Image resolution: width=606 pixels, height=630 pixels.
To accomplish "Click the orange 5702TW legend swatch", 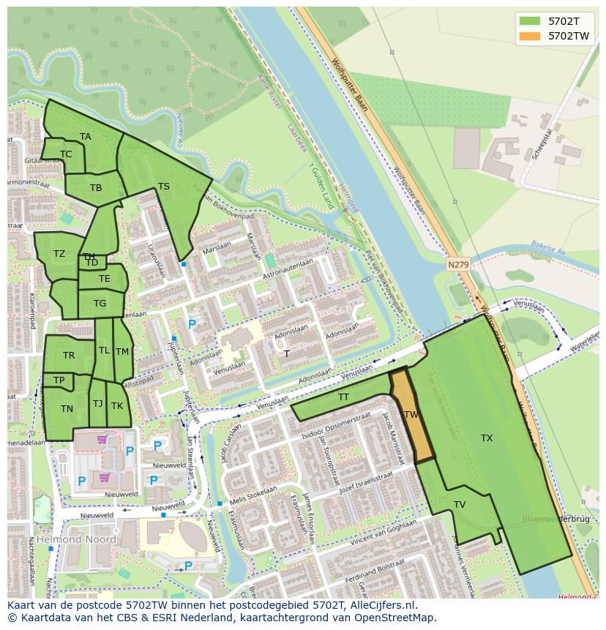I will click(530, 35).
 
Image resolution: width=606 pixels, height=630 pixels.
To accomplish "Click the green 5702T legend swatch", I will click(530, 20).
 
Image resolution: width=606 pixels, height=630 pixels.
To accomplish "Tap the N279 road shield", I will click(458, 264).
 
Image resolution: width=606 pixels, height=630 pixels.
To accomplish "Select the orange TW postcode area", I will click(411, 415).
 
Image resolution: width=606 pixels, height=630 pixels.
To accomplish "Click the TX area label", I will click(487, 438).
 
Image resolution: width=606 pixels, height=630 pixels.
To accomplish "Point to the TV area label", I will click(460, 505).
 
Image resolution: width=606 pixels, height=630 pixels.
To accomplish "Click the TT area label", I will click(343, 397).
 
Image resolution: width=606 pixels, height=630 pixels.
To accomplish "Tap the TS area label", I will click(164, 187).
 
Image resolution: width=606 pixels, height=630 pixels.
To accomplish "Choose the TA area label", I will click(86, 137).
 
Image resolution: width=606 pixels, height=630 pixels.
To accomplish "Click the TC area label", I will click(66, 154).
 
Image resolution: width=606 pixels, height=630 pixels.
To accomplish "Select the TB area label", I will click(96, 188).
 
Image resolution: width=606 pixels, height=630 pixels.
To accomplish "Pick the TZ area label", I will click(59, 254).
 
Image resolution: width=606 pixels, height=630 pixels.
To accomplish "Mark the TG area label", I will click(100, 304).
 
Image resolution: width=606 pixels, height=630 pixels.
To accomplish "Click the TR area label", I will click(69, 356).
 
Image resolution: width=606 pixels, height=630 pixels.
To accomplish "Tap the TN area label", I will click(67, 409).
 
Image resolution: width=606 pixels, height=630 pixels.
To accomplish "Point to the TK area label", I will click(117, 406).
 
